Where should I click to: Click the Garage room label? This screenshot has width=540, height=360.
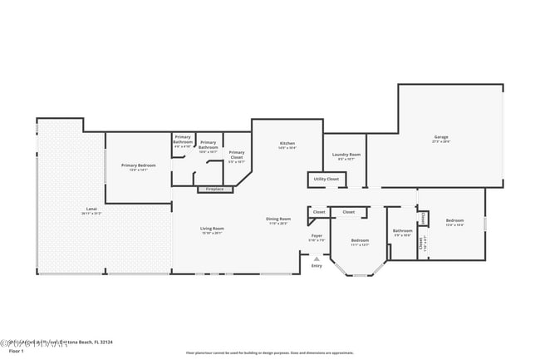click(440, 137)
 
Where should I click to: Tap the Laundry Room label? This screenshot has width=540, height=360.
click(346, 155)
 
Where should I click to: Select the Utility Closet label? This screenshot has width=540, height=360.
click(326, 179)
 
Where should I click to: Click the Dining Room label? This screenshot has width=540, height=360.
click(278, 219)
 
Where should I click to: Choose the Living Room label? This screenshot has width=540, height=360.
click(212, 229)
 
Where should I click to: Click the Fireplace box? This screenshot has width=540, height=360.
click(214, 190)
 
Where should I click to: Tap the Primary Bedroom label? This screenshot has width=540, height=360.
click(138, 165)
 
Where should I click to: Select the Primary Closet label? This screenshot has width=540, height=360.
click(237, 153)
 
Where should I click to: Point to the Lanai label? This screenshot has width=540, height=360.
click(91, 209)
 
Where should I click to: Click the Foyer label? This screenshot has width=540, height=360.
click(317, 236)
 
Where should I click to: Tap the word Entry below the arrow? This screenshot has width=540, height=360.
click(317, 266)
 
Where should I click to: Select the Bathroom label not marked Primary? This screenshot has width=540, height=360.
click(403, 231)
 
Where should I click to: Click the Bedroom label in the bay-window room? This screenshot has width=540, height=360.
click(360, 241)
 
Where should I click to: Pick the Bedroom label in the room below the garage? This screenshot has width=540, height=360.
click(454, 221)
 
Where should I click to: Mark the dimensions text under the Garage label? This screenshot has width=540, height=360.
click(440, 141)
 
